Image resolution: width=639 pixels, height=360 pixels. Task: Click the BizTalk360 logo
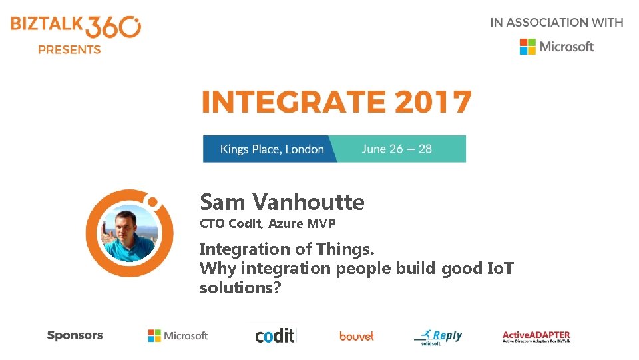point(75,27)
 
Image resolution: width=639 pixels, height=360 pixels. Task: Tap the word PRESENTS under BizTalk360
point(69,49)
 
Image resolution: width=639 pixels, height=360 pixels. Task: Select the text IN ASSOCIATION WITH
point(556,22)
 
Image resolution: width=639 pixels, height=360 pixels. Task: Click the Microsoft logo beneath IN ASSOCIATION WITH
point(556,46)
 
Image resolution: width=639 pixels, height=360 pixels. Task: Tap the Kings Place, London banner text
point(272,149)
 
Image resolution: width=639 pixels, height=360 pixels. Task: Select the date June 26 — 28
point(397,149)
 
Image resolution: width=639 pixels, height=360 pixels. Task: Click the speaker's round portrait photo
point(130,233)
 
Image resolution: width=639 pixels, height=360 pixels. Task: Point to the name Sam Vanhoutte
point(282,201)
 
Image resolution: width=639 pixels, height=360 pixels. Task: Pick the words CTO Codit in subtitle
point(230,224)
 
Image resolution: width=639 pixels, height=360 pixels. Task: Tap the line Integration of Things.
point(287,249)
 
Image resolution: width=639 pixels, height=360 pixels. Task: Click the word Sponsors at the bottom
point(75,335)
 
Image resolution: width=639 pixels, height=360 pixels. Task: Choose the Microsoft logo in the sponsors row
point(178,336)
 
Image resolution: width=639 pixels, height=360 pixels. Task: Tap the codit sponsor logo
point(275,335)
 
